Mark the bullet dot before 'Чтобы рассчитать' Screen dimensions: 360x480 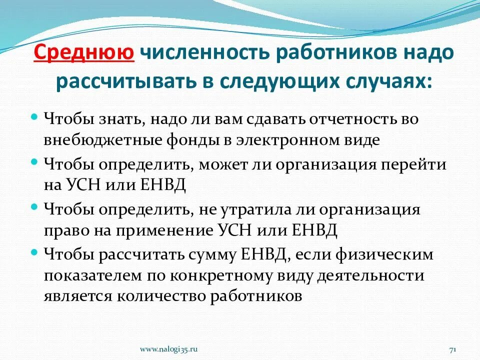[34, 251]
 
